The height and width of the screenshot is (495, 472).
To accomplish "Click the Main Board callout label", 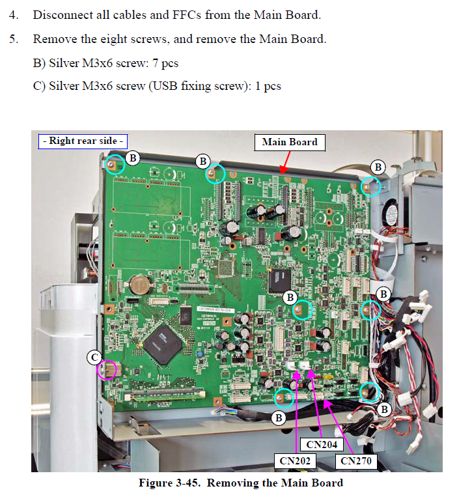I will (x=289, y=142).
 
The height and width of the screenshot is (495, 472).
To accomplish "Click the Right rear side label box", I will (x=83, y=141).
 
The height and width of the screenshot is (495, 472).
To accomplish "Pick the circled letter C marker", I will (x=94, y=356).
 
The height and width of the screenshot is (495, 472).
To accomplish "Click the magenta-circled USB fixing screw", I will (x=107, y=370).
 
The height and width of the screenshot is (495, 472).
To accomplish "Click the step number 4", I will (x=14, y=14).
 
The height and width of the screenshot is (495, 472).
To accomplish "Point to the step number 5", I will (x=14, y=39).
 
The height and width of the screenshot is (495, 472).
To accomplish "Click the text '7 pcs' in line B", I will (x=163, y=63).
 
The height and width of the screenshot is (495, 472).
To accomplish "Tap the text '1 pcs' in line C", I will (x=266, y=86).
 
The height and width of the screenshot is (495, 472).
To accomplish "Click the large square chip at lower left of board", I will (x=163, y=344).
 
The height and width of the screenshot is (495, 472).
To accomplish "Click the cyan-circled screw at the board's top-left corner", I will (x=115, y=165).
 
